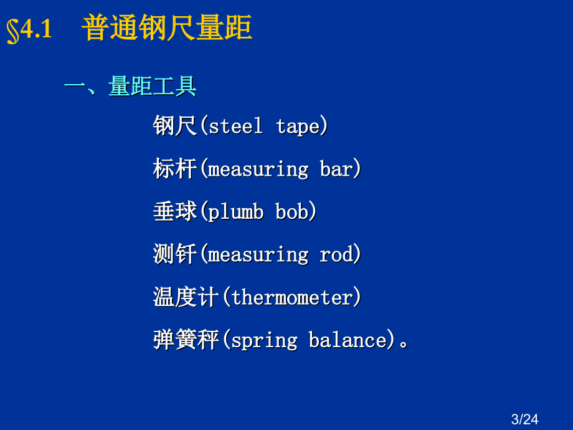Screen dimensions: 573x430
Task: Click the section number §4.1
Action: [x=29, y=30]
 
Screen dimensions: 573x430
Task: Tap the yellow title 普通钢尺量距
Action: [x=167, y=27]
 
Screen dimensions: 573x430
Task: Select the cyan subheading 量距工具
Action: [x=153, y=86]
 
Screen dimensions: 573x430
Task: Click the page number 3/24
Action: [x=524, y=419]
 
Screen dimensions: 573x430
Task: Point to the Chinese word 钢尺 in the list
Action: [x=174, y=125]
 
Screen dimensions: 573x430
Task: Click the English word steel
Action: [x=235, y=126]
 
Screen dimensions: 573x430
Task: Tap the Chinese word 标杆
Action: [x=174, y=168]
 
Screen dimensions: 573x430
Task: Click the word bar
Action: [x=336, y=168]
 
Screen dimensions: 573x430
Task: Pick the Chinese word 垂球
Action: [x=174, y=211]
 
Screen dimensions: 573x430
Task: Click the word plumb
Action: [x=235, y=212]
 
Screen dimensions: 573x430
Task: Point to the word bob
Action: [x=292, y=211]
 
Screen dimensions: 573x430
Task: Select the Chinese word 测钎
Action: [x=174, y=254]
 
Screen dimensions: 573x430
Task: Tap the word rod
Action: [x=336, y=254]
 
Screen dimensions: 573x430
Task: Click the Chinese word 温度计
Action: [x=186, y=297]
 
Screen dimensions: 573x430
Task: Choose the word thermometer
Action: [x=292, y=297]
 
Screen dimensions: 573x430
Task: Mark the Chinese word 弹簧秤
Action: [x=186, y=339]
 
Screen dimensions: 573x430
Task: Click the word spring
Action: [x=265, y=341]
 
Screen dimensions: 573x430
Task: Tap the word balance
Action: [x=348, y=340]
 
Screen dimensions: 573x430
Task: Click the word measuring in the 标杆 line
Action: [x=258, y=170]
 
